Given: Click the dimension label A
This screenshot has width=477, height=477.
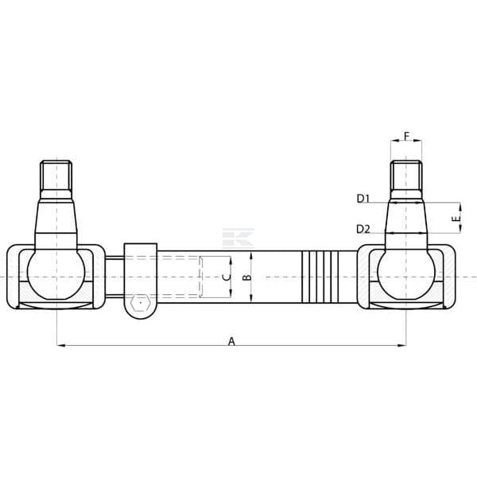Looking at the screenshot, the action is (x=231, y=341).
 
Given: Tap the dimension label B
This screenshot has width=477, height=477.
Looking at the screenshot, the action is (x=248, y=277).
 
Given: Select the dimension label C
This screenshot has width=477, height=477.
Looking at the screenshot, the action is (x=227, y=277).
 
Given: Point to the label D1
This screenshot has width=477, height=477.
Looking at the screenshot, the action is (x=363, y=199).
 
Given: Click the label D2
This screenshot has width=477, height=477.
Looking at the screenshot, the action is (x=363, y=229).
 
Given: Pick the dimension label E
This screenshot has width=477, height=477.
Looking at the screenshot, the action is (x=455, y=218).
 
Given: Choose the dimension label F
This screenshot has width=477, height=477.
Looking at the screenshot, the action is (x=407, y=136).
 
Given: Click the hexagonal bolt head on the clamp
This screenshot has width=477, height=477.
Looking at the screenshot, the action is (x=140, y=303).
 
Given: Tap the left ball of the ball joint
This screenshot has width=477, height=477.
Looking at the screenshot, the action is (x=56, y=273).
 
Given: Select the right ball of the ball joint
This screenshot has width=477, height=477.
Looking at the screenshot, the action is (x=406, y=273).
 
